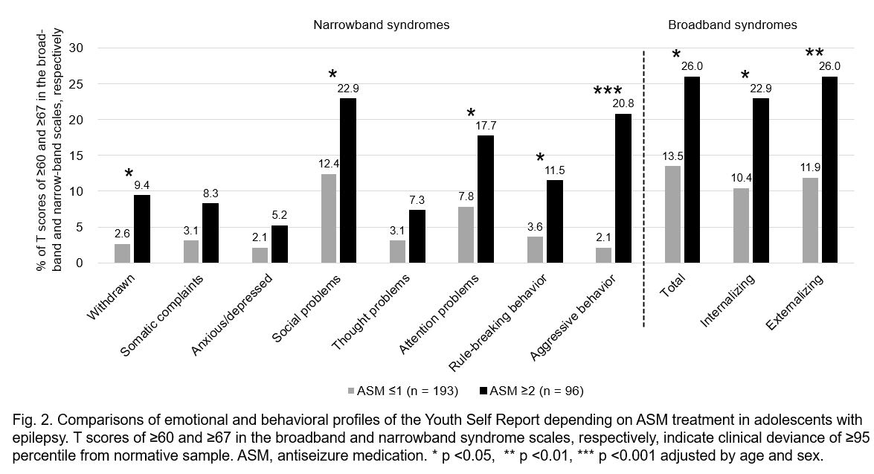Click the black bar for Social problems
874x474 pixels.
pos(348,181)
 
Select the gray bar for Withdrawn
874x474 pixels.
pos(122,254)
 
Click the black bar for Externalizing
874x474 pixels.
pos(829,170)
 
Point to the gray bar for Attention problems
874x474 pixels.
pos(466,235)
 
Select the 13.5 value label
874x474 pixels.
pos(672,156)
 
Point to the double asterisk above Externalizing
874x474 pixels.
pos(814,54)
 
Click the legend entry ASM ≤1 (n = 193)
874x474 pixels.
pos(402,391)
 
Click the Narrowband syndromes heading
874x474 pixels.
pos(381,25)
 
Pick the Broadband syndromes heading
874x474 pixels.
pos(732,25)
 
